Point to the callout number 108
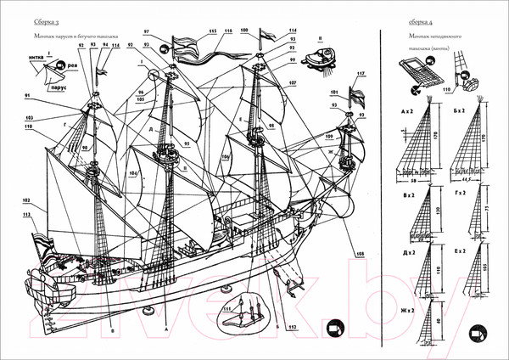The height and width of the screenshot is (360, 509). tap(359, 254)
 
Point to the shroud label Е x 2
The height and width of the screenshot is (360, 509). tap(460, 252)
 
